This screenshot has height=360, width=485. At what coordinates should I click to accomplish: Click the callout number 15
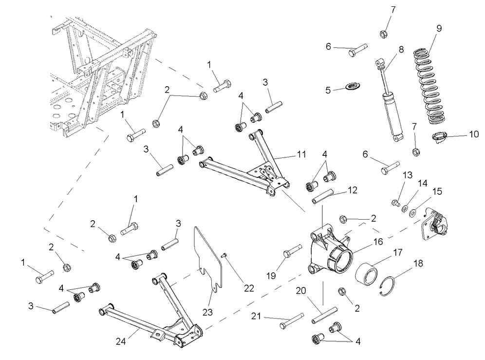click(x=437, y=191)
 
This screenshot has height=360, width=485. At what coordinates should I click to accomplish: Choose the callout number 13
click(x=407, y=175)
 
